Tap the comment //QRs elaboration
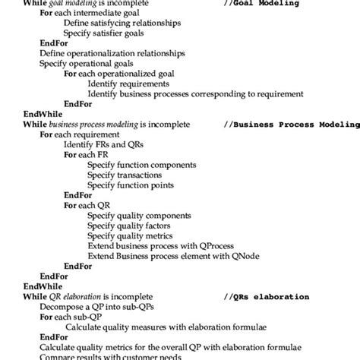pyautogui.click(x=267, y=296)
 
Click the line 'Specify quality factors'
pyautogui.click(x=128, y=225)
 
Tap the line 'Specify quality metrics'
pyautogui.click(x=131, y=235)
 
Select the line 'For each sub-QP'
pyautogui.click(x=72, y=316)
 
